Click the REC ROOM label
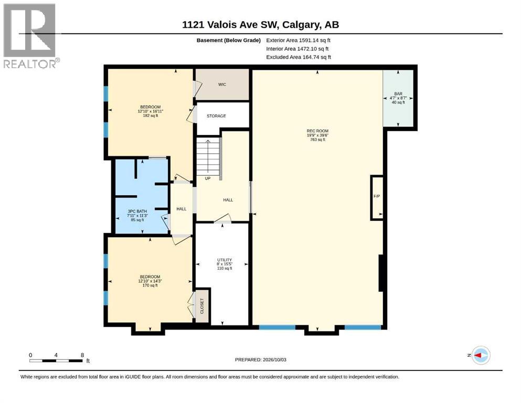coord(317,131)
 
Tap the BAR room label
coord(398,94)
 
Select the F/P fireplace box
coord(377,197)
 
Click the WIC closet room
coord(222,84)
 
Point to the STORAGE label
coord(216,116)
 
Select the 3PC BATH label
coord(137,211)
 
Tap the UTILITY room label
coord(225,260)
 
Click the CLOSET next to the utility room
coord(202,305)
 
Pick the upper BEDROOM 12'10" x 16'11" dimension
coord(151,111)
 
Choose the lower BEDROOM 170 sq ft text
coord(150,285)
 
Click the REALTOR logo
coord(31,36)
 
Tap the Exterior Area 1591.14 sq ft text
coord(298,40)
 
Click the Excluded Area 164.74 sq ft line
coord(299,57)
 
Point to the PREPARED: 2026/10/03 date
coord(260,359)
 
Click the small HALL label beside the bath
coord(182,209)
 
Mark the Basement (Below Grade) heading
coord(229,40)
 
